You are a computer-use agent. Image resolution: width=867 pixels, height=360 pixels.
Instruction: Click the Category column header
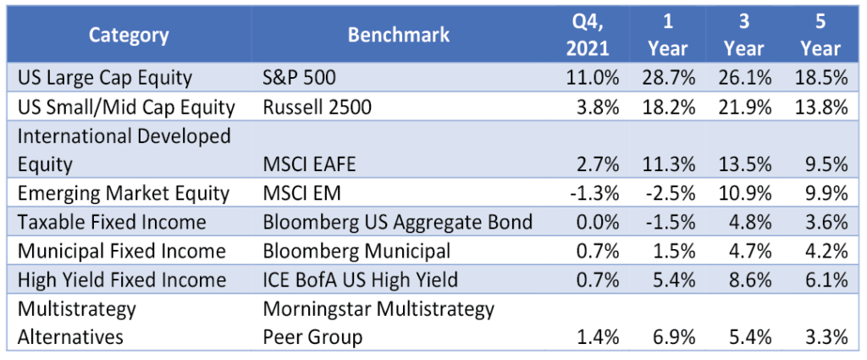(x=129, y=36)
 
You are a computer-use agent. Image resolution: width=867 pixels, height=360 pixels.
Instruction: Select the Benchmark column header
(x=399, y=36)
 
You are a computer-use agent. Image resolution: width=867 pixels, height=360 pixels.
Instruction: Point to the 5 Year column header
(x=821, y=36)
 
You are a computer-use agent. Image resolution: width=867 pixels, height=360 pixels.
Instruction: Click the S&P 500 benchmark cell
(x=299, y=77)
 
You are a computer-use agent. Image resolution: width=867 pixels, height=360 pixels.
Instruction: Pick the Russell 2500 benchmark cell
(x=317, y=107)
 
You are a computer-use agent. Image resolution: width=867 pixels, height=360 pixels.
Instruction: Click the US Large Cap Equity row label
(x=104, y=78)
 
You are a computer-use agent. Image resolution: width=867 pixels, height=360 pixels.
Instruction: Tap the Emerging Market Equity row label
(x=124, y=193)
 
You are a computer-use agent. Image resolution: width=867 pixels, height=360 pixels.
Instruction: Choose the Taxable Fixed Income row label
(x=112, y=222)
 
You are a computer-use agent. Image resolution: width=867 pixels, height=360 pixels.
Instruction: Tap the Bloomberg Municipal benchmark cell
(x=356, y=251)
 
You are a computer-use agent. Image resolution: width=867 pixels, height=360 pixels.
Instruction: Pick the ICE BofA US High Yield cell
(x=361, y=280)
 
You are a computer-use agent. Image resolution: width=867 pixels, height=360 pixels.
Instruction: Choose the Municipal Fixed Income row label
(x=122, y=252)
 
